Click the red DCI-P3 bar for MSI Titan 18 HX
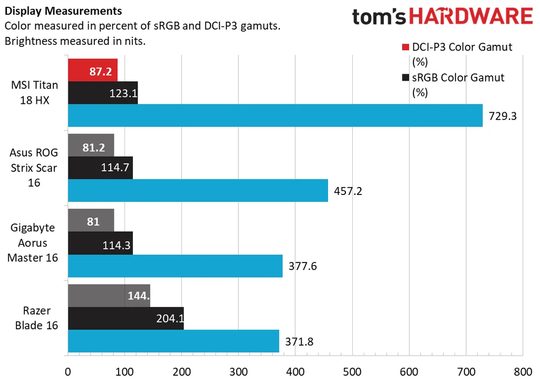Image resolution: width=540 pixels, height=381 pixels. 92,70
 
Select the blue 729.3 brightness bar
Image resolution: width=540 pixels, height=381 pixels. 275,115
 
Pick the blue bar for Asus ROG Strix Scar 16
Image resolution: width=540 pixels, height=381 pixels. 198,190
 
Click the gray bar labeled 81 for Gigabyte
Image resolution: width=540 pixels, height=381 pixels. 91,220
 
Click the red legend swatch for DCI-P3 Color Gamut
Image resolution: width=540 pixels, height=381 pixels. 406,48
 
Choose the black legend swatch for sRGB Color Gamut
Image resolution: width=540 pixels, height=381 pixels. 406,79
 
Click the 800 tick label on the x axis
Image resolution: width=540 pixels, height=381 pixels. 522,371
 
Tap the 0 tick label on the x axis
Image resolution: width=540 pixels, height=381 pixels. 68,371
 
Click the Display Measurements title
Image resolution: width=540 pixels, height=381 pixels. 63,11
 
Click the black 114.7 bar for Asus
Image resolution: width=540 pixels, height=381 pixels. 100,168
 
